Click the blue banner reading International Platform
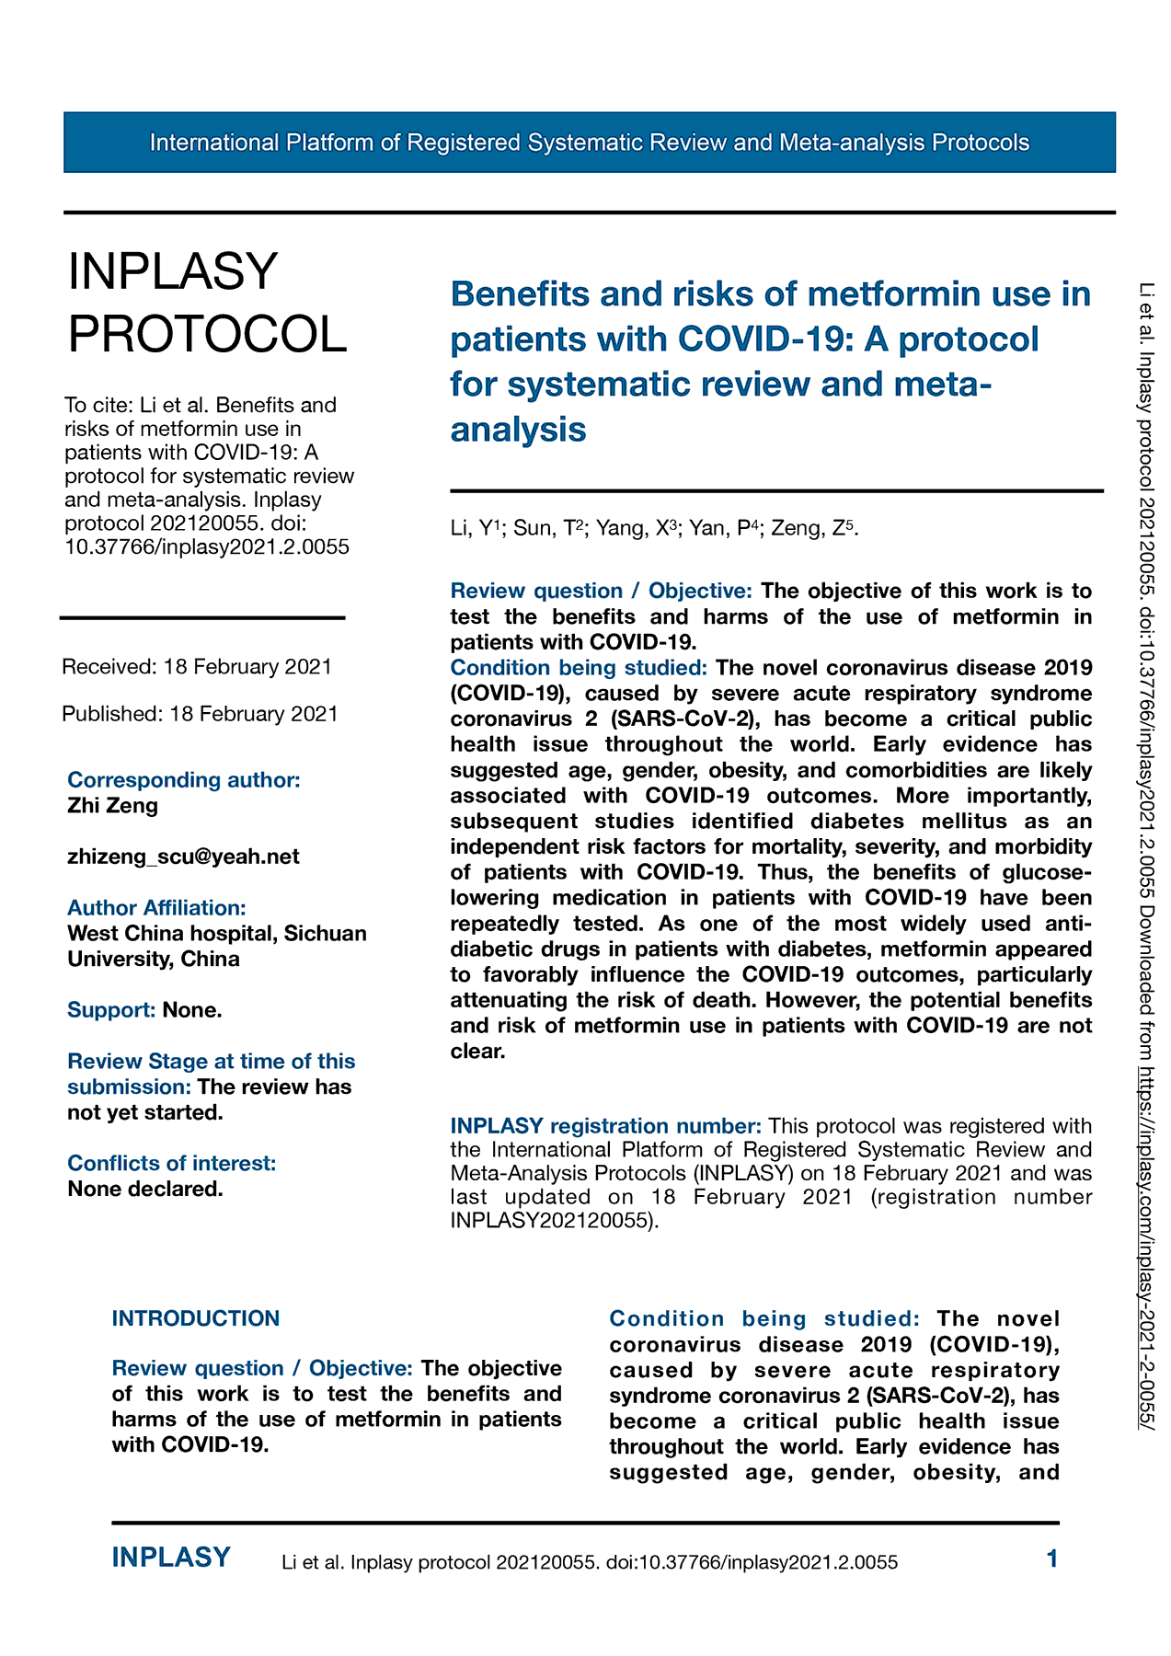coord(589,143)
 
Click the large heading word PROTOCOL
coord(208,333)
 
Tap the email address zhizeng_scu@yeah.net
coord(183,857)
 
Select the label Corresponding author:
coord(184,780)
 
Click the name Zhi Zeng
coord(113,806)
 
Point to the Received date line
coord(197,666)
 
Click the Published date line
coord(200,714)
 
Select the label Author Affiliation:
coord(156,908)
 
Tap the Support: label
coord(111,1010)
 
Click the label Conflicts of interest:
coord(171,1164)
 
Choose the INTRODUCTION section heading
coord(195,1318)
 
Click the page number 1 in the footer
coord(1052,1558)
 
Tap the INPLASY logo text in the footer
coord(171,1558)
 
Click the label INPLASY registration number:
coord(605,1126)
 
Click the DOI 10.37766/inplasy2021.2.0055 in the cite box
coord(207,547)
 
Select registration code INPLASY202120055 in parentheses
coord(552,1222)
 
